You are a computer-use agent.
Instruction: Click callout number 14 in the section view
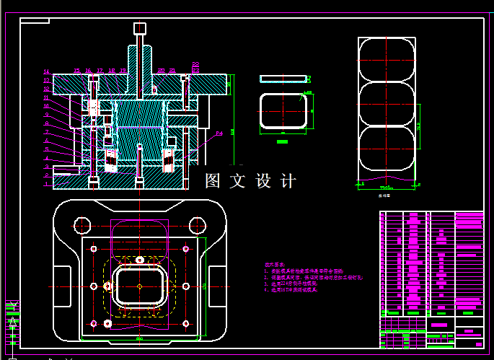[x=46, y=71]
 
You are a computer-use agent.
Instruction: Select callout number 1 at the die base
[x=46, y=184]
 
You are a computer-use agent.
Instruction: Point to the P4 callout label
[x=219, y=133]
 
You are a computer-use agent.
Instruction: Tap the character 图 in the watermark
[x=213, y=181]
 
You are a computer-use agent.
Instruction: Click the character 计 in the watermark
[x=288, y=181]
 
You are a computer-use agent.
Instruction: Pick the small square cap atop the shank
[x=139, y=28]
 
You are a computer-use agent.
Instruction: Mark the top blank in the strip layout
[x=387, y=59]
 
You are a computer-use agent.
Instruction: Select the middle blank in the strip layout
[x=387, y=105]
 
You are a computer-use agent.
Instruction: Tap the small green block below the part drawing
[x=283, y=142]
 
